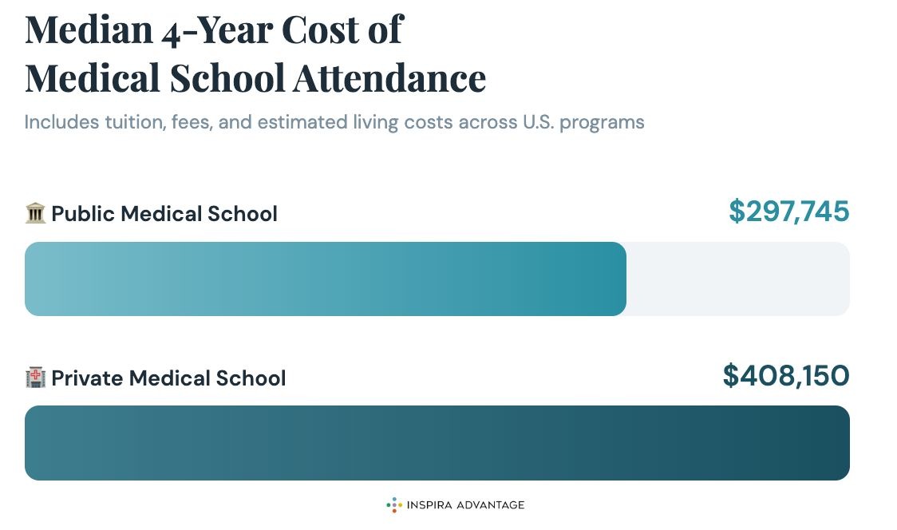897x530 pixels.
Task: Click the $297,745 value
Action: point(788,212)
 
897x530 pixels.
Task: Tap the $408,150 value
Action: point(785,375)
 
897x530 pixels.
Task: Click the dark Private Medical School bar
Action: point(437,443)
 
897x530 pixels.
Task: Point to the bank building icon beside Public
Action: point(35,213)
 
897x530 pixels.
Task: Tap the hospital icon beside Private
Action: point(35,378)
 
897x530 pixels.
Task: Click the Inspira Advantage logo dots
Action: point(393,504)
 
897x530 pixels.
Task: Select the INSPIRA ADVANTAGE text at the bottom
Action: point(465,505)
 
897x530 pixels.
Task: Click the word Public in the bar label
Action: point(81,214)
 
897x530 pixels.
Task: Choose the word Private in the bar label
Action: point(87,378)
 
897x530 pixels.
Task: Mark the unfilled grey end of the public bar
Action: point(737,279)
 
